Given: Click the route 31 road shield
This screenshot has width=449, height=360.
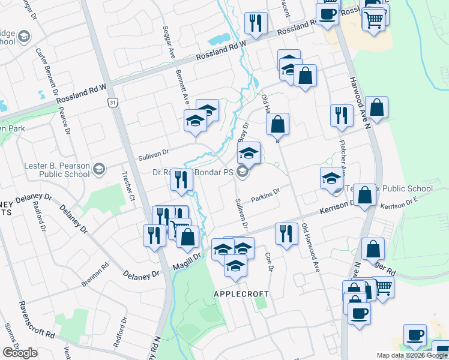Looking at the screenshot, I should (112, 103).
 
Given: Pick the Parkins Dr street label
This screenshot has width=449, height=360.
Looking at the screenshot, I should (267, 196).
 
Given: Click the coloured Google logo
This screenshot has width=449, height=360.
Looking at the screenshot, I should (20, 353).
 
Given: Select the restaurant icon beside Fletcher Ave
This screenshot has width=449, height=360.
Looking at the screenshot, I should (341, 115).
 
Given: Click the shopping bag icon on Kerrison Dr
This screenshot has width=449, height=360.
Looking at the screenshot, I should (364, 195).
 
